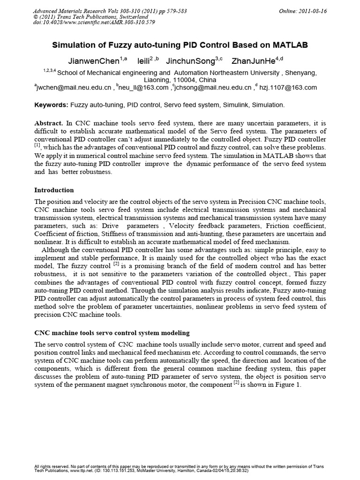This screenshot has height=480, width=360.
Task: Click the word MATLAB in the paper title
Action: (x=286, y=45)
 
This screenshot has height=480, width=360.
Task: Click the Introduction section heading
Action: (x=54, y=190)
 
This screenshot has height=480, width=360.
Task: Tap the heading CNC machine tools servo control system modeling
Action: (x=112, y=333)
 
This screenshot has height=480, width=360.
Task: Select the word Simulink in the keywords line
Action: (x=224, y=105)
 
